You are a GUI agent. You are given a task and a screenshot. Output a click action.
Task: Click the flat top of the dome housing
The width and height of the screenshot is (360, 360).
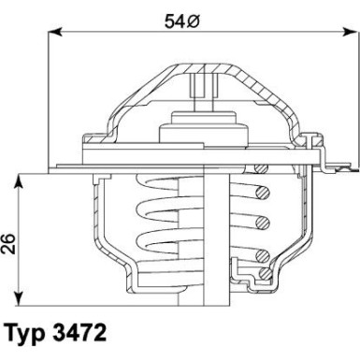(x=198, y=65)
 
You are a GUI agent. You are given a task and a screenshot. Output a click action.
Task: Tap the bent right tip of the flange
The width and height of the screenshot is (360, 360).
(x=330, y=167)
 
